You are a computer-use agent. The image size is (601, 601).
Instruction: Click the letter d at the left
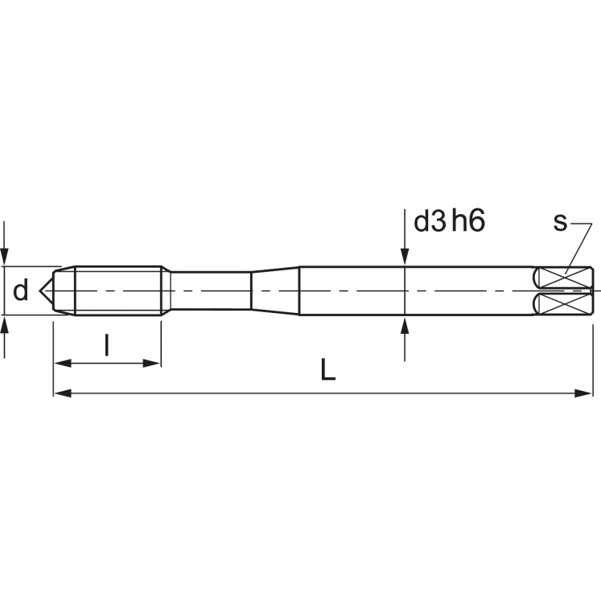22,290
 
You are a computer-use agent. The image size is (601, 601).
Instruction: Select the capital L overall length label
326,370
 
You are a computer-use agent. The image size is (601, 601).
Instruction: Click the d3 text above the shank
429,221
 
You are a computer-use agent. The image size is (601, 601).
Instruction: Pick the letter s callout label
560,221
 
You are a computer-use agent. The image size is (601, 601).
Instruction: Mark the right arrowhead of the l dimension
154,363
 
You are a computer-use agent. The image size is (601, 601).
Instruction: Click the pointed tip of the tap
45,290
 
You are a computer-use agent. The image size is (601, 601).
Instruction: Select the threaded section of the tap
117,290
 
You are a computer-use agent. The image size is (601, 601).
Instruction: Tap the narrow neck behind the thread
209,290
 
